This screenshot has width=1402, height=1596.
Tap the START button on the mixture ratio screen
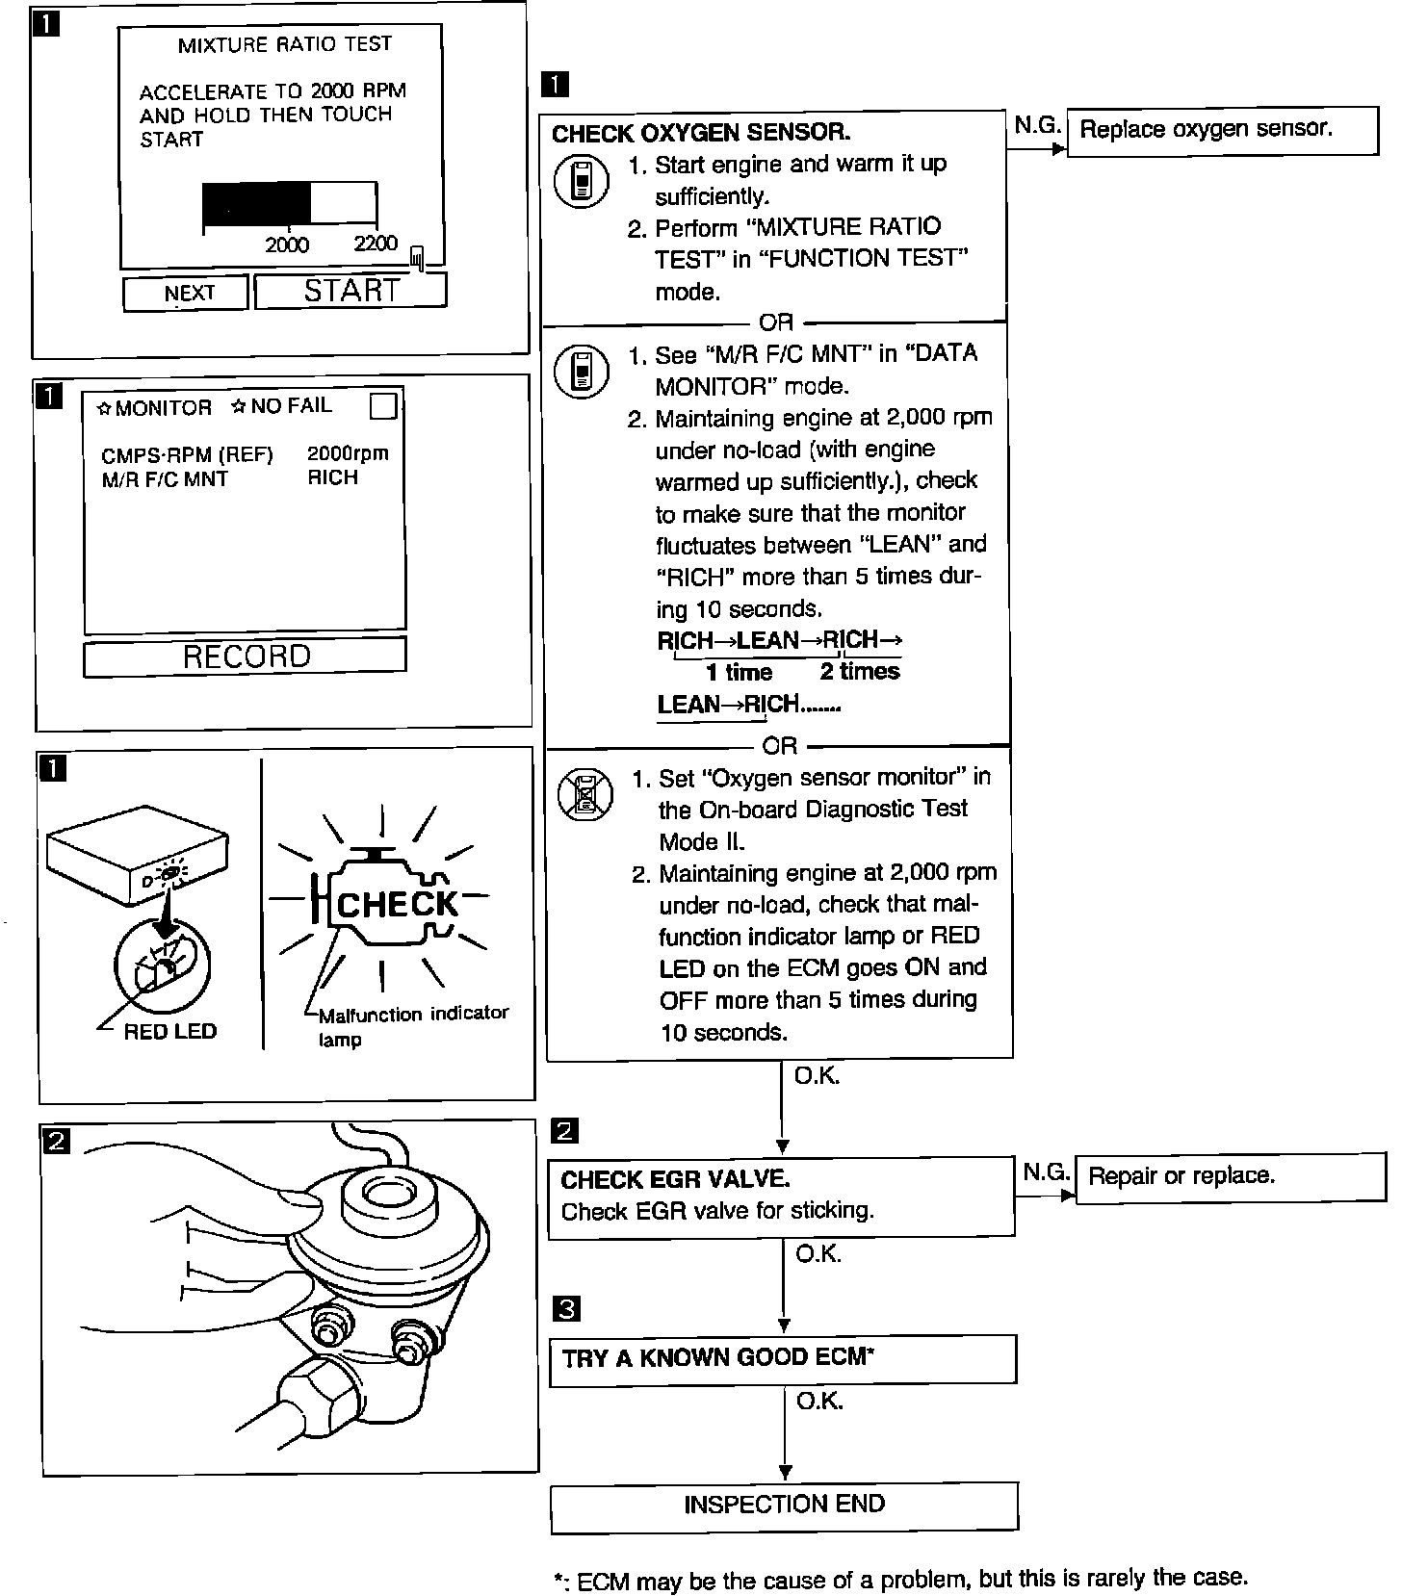click(350, 291)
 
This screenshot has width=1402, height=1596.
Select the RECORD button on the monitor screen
click(246, 656)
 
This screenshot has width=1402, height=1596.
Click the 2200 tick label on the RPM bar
click(375, 244)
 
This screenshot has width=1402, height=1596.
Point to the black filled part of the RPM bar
click(256, 203)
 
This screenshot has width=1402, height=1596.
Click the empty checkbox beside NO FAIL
click(383, 406)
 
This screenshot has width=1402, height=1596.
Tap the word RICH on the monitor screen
click(332, 477)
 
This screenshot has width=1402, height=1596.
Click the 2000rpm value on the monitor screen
click(348, 453)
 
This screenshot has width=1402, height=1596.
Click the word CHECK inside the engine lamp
click(397, 905)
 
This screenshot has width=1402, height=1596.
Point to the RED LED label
click(170, 1032)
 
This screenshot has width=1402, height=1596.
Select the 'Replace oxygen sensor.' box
click(1222, 130)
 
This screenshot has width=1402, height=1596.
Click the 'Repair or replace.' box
click(1230, 1176)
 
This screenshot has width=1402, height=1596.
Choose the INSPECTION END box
click(784, 1506)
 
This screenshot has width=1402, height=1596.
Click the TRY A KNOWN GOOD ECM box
click(782, 1358)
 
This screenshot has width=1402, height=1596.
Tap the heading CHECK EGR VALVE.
click(675, 1179)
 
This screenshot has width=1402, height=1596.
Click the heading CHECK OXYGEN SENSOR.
click(701, 133)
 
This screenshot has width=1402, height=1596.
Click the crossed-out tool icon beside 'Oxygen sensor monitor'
click(584, 794)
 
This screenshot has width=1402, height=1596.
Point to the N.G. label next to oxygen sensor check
click(1037, 126)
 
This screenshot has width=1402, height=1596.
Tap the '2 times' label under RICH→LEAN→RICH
click(860, 672)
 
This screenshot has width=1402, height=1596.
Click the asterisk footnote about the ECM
click(899, 1580)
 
